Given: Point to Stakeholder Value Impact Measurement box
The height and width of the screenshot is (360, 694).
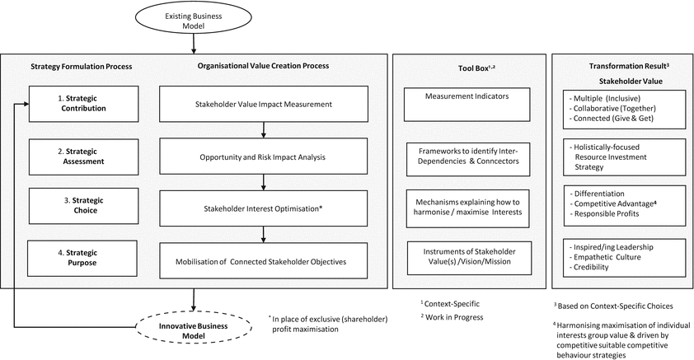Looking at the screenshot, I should [x=262, y=104].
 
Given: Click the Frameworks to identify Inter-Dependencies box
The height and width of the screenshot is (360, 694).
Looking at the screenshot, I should [x=466, y=157].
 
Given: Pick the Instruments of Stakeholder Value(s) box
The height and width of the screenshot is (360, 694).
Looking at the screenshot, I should [x=466, y=256].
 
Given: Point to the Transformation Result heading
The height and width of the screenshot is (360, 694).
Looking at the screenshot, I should [x=622, y=67].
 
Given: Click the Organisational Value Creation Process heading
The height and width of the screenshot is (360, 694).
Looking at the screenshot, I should [x=262, y=67].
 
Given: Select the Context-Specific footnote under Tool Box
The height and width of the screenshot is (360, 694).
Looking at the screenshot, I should [x=449, y=302].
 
